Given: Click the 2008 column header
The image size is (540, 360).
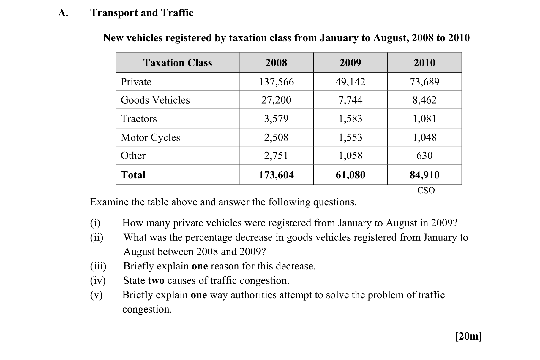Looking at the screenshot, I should [x=276, y=63].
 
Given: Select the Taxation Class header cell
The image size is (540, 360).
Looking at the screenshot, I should [x=177, y=63].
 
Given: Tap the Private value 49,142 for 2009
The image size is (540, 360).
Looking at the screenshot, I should [x=350, y=82].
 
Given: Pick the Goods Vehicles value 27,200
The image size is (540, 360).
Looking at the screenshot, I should [x=276, y=100].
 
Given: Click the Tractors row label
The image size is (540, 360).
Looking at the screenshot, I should [x=139, y=119].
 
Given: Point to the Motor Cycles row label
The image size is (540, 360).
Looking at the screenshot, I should [x=150, y=137].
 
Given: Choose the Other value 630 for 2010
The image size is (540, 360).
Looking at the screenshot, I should [x=424, y=156].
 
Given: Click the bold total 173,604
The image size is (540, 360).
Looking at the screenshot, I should [x=276, y=175].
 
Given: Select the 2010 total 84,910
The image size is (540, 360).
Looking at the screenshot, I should [x=424, y=175].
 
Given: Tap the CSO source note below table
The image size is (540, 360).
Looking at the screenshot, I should [x=426, y=190].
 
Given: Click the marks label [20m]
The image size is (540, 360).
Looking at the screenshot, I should [x=468, y=336].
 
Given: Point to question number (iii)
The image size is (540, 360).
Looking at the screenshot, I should [x=98, y=266].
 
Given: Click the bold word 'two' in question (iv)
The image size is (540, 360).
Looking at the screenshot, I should [x=156, y=280].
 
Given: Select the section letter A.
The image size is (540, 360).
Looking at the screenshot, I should [x=63, y=13].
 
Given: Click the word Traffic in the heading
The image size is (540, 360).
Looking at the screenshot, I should [x=177, y=13].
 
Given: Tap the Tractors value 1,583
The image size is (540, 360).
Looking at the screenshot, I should [x=350, y=119].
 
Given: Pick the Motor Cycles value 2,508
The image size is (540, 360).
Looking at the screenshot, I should [x=276, y=137].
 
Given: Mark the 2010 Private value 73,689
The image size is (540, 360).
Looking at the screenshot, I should [x=424, y=82].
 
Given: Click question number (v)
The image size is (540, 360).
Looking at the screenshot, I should [x=96, y=295].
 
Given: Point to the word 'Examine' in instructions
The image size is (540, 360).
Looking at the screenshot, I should [x=109, y=202].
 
